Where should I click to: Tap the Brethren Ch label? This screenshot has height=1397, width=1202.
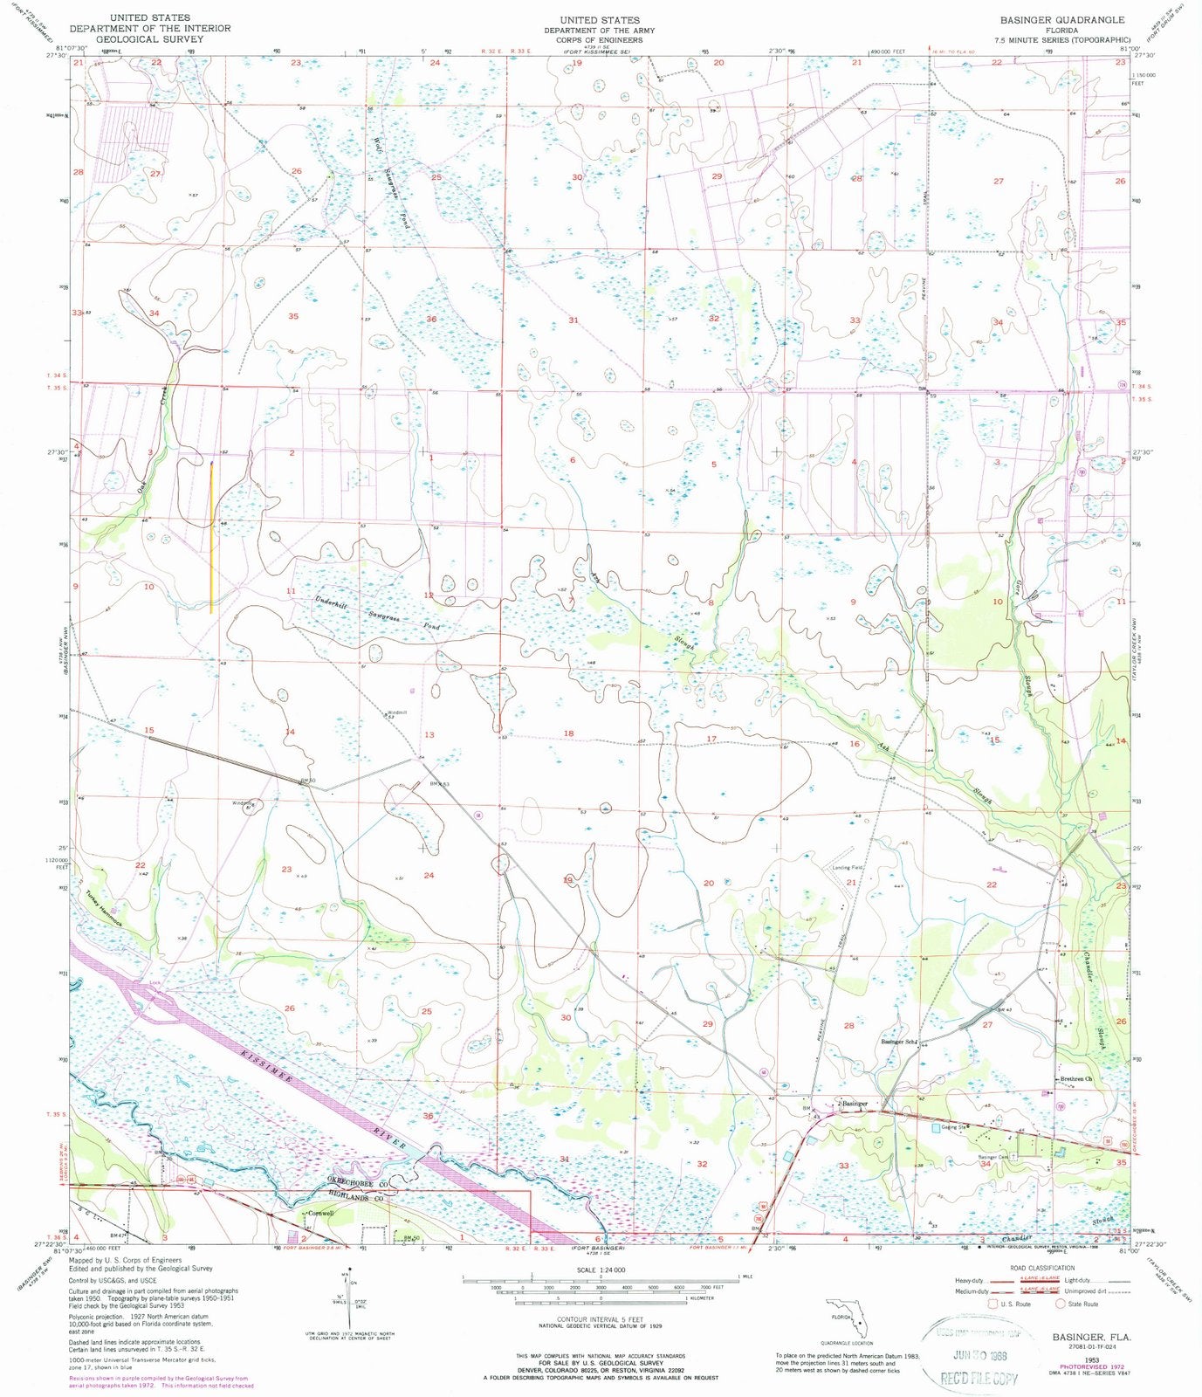(x=1075, y=1079)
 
